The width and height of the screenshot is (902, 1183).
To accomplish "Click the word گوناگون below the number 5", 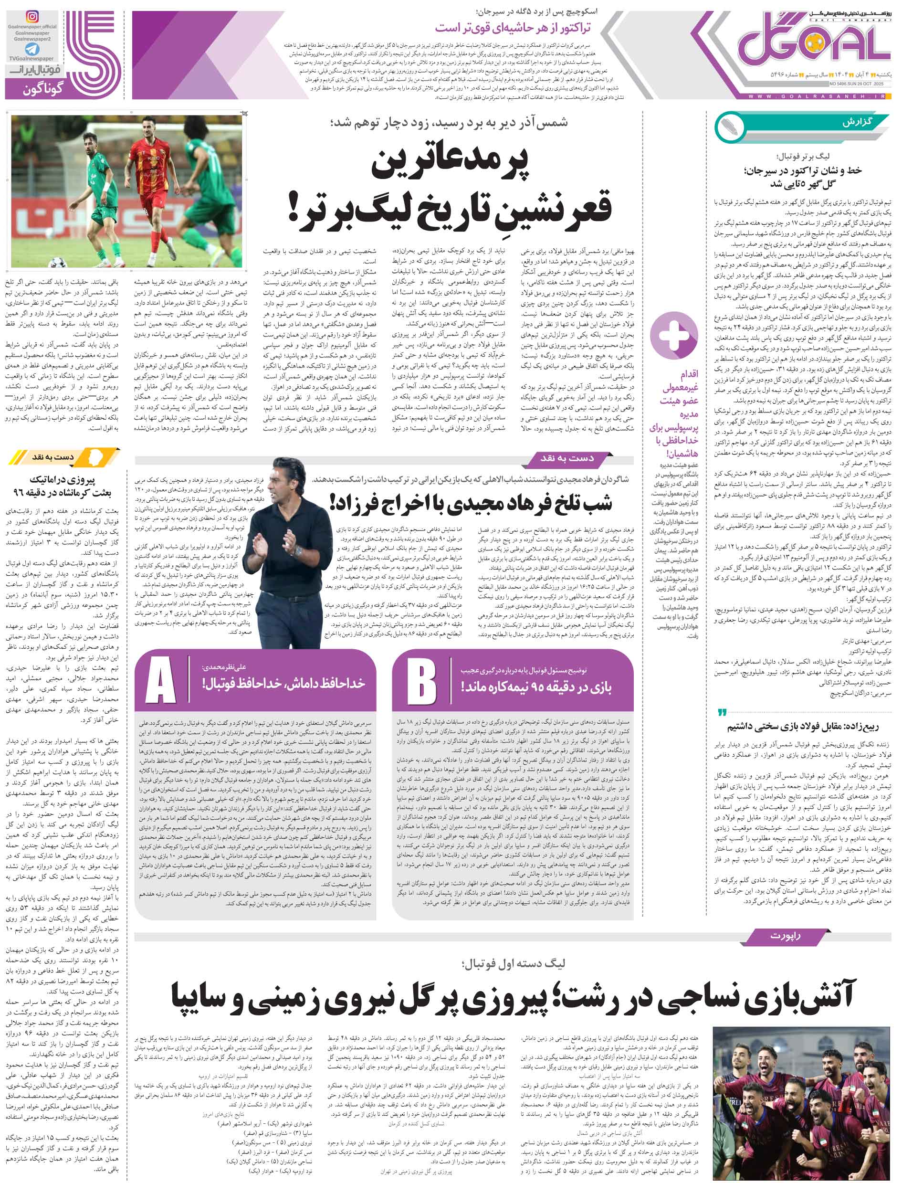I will pos(44,88).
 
